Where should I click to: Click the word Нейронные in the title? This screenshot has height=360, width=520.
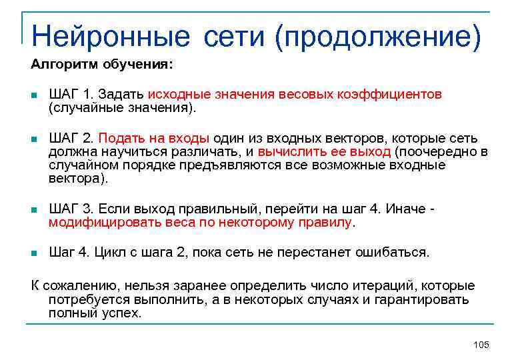(110, 36)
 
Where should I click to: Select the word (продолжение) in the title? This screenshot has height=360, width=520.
(377, 36)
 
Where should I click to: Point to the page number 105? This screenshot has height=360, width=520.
(481, 345)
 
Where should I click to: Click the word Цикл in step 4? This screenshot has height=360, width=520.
(105, 253)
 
